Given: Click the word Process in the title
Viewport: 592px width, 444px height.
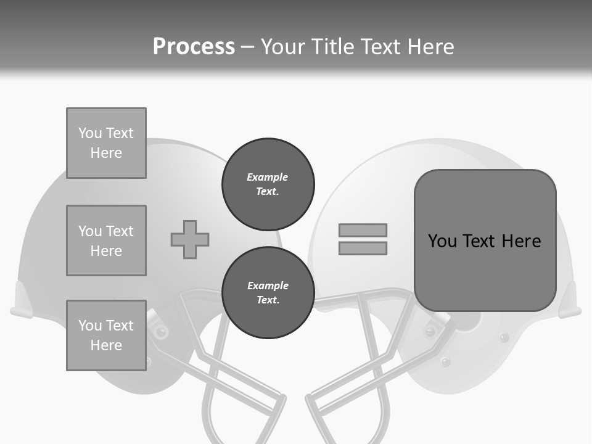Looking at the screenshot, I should coord(194,46).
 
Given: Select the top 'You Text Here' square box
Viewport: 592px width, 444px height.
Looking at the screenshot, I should coord(106,143).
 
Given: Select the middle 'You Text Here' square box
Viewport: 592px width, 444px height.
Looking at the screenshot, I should coord(106,240).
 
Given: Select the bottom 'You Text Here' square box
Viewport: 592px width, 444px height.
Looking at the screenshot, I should coord(106,335).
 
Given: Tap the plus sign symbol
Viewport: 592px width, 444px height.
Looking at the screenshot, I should coord(190,239).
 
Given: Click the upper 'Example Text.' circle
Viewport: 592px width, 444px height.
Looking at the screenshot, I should coord(268,184).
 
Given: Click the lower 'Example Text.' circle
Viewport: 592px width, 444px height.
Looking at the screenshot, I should coord(268,293).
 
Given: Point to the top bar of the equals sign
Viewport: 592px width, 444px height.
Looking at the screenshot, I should coord(363,231).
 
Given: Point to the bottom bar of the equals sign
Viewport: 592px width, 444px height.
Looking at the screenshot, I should coord(363,248).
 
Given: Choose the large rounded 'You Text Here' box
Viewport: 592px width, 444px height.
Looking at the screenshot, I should coord(485,240).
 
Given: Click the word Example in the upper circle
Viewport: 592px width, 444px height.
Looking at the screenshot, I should coord(268,177).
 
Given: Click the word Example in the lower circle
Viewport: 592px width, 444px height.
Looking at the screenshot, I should coord(268,286).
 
